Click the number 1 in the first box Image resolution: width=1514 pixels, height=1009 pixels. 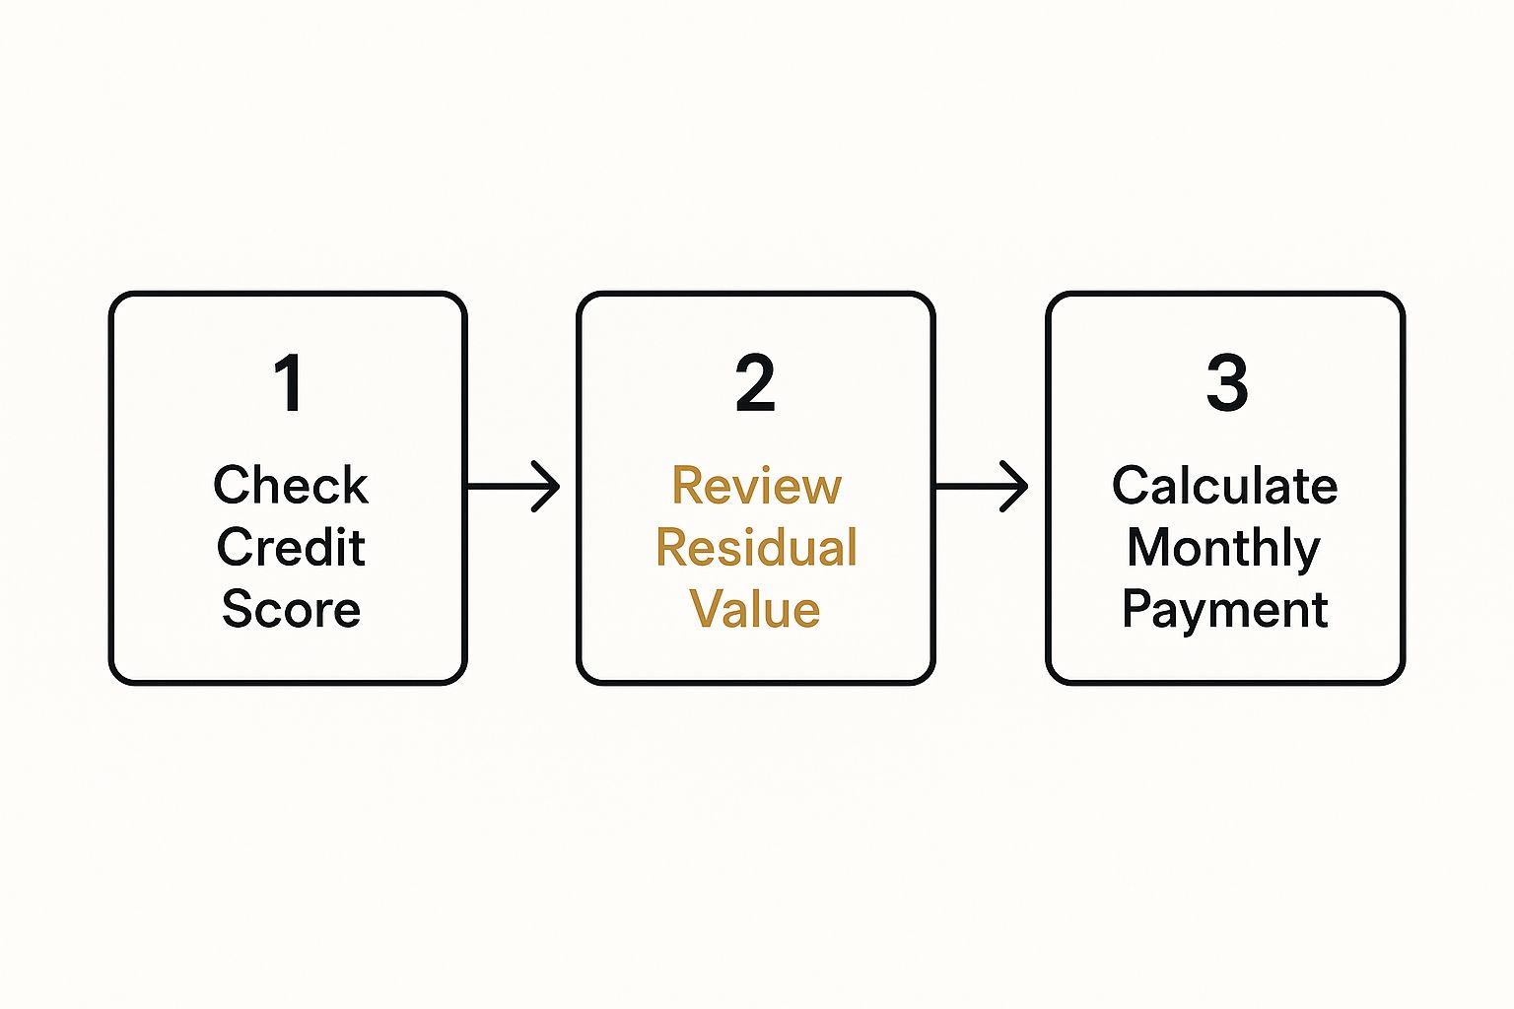[289, 382]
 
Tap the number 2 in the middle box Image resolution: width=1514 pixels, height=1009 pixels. [755, 382]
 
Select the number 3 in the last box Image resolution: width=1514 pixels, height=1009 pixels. [1227, 382]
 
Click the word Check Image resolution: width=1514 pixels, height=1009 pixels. [291, 485]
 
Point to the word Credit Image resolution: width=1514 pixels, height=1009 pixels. [291, 547]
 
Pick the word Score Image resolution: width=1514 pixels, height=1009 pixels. [291, 609]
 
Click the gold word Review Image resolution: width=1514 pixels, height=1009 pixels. [756, 485]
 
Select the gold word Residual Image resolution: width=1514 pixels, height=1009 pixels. [756, 547]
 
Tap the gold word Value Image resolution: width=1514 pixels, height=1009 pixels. [754, 609]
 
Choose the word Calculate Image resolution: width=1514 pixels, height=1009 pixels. [1225, 485]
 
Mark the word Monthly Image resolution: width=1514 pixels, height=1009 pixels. [1223, 549]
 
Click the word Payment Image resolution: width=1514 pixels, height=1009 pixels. [1225, 611]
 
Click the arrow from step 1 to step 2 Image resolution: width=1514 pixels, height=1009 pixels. [514, 486]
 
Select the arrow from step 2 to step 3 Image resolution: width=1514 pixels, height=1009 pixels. [982, 486]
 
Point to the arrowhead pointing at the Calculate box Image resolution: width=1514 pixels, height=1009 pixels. [1015, 486]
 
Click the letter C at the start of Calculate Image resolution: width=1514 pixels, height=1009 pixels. [1132, 485]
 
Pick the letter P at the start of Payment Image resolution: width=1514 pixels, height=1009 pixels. [1137, 608]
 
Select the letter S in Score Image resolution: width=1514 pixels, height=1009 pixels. [238, 609]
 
